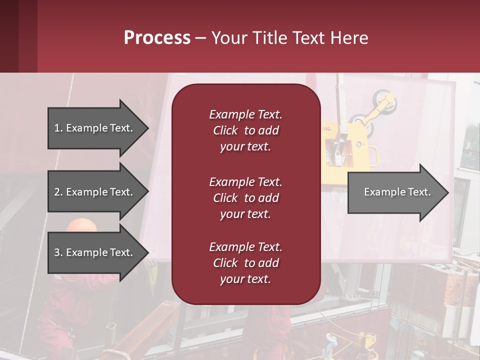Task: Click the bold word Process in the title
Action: pos(157,38)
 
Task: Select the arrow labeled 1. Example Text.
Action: pos(95,128)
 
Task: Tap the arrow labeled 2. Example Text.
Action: pos(95,192)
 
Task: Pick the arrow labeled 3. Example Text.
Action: pos(95,252)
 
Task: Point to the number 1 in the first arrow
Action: pos(57,128)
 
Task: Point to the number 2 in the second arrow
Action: pos(57,192)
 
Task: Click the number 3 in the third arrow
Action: pos(57,252)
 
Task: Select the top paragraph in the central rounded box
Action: pos(245,130)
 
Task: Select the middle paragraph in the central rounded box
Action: pos(245,198)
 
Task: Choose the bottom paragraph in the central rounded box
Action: pos(245,263)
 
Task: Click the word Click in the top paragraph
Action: pos(225,130)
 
